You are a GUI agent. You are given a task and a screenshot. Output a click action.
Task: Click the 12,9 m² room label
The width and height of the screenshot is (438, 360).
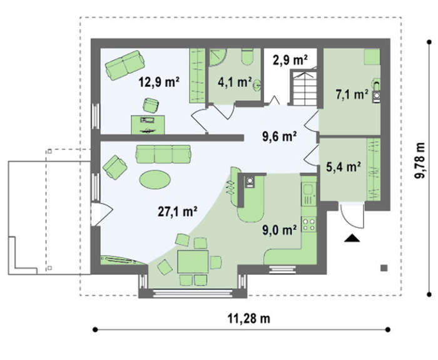click(x=159, y=82)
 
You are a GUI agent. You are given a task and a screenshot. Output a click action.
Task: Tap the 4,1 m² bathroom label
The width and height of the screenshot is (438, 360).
click(x=235, y=82)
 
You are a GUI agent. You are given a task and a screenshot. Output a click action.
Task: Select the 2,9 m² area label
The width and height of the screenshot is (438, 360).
click(x=290, y=60)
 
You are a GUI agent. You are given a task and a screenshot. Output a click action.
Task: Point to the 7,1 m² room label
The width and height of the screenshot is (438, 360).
click(x=352, y=95)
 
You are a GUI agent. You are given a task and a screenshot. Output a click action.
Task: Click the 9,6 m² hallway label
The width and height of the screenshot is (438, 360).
click(x=279, y=136)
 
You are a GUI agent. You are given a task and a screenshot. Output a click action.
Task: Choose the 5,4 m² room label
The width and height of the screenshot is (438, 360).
click(x=343, y=167)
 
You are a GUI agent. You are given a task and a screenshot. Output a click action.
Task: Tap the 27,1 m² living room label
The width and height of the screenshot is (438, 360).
click(x=178, y=212)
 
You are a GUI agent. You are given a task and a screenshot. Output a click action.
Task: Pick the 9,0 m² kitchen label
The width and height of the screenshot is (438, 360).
click(x=279, y=230)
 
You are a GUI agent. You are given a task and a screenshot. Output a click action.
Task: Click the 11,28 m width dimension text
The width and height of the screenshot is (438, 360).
click(x=249, y=318)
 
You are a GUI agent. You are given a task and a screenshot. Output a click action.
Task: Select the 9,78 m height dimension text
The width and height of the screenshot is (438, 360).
click(x=419, y=160)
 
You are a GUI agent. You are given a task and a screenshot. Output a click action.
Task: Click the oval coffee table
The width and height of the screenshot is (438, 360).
click(x=155, y=180)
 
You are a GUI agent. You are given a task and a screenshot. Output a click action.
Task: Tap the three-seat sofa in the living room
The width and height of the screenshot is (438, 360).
click(x=163, y=154)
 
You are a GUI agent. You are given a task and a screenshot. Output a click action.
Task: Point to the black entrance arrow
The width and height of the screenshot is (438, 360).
click(x=352, y=238)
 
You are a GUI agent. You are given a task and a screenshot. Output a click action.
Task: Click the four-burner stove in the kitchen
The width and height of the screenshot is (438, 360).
click(x=309, y=224)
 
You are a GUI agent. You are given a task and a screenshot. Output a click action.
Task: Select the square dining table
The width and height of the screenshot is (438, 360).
click(x=193, y=262)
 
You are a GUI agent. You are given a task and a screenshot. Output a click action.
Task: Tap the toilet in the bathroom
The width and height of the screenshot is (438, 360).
click(x=247, y=57)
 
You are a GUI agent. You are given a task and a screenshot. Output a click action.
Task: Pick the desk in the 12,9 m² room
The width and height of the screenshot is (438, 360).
click(x=148, y=125)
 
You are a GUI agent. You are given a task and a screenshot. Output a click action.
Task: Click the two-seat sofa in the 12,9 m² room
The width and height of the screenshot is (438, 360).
click(x=125, y=65)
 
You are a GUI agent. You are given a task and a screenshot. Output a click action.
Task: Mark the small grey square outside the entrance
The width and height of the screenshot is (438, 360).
click(x=384, y=268)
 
